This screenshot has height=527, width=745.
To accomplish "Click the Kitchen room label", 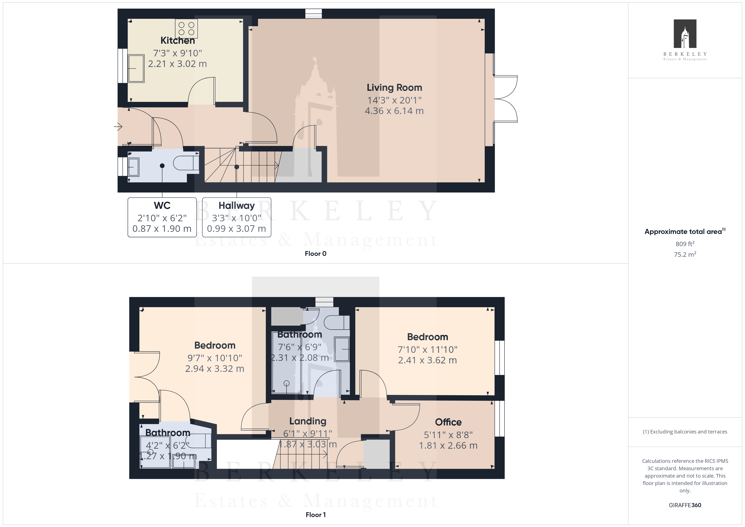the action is (178, 41).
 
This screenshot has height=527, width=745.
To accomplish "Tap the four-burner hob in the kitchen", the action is (186, 29).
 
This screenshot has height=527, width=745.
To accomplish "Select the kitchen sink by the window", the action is (136, 68).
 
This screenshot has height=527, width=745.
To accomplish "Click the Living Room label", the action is (394, 88).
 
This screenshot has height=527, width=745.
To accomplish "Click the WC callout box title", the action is (162, 205).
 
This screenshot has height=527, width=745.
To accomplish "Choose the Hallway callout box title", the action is (237, 205).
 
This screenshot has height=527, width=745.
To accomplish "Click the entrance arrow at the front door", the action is (118, 126).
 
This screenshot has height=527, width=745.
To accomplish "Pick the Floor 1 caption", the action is (315, 515).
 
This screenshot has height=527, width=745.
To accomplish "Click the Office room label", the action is (448, 422).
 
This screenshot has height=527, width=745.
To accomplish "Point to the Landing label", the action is (308, 421).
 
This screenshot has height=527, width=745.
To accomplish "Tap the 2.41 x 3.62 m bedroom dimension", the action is (427, 360).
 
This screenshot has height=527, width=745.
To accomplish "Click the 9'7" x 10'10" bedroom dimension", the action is (215, 358).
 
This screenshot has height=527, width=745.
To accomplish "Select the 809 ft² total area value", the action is (685, 244).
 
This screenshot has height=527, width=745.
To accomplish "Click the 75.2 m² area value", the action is (685, 254).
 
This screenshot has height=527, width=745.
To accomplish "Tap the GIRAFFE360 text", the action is (685, 505).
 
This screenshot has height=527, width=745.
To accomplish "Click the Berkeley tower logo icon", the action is (685, 34).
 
